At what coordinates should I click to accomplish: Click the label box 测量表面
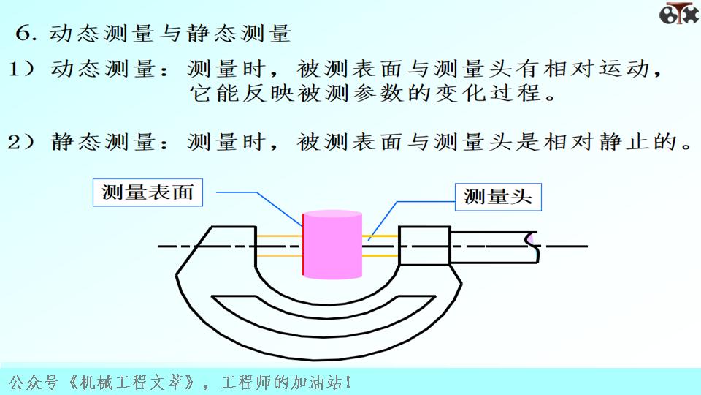click(x=148, y=192)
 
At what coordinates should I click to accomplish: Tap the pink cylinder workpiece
click(x=332, y=245)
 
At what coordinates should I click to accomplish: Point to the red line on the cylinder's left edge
click(x=303, y=245)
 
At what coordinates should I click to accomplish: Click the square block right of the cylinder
click(x=424, y=246)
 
